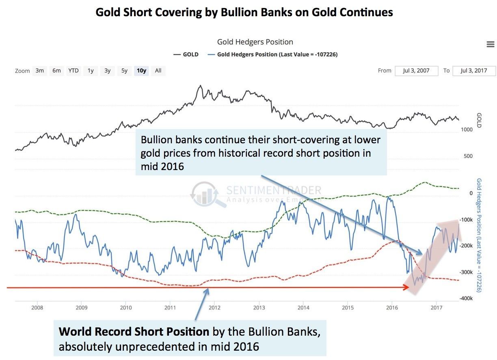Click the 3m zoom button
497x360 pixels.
click(x=39, y=71)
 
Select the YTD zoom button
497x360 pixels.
click(x=73, y=71)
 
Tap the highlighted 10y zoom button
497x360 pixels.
click(x=141, y=71)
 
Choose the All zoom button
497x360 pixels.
click(x=158, y=71)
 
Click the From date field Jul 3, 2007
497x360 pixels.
click(x=416, y=71)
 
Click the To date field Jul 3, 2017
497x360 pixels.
click(x=474, y=71)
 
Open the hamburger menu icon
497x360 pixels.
click(x=490, y=45)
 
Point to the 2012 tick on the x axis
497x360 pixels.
click(x=214, y=307)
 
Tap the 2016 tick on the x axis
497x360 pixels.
click(x=392, y=307)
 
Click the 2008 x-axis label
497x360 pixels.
click(x=37, y=307)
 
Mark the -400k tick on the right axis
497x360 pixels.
click(x=465, y=298)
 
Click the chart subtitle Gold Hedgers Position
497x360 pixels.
click(x=255, y=42)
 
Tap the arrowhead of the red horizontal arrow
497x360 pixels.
click(x=407, y=287)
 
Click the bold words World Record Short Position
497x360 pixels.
click(x=134, y=332)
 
